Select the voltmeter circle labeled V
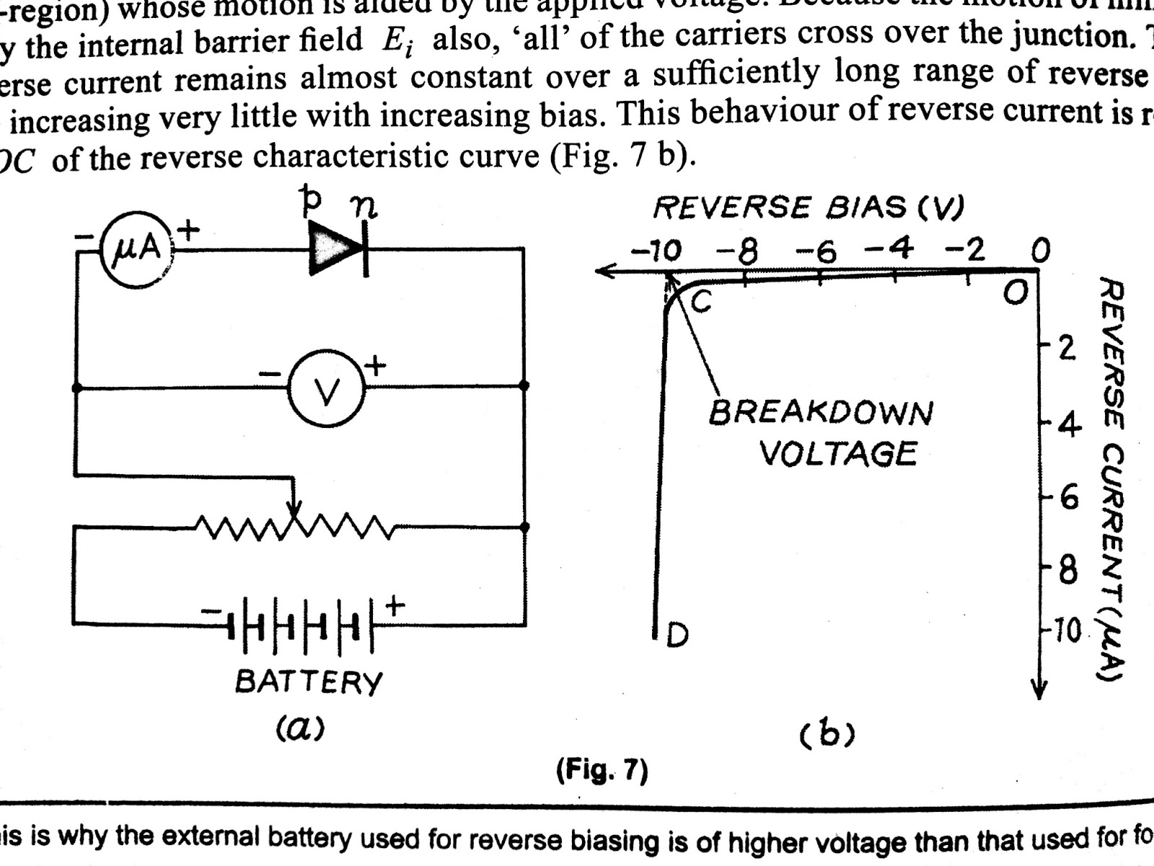327,390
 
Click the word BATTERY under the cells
309,682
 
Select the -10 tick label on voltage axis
656,251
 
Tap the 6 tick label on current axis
1068,499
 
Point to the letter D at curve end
677,635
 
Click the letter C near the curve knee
701,302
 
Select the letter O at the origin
1015,292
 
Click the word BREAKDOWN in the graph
821,413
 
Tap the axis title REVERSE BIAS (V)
808,208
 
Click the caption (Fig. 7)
602,771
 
